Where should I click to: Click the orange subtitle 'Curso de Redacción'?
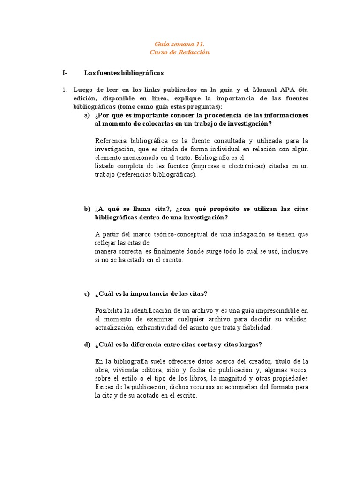pos(180,52)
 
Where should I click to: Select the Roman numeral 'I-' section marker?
pos(65,73)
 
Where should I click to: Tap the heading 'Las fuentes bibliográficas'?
pos(124,73)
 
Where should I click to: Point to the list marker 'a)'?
pos(87,115)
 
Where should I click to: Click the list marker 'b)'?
pos(87,209)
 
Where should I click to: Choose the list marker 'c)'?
pos(87,294)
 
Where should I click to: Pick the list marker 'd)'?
pos(87,345)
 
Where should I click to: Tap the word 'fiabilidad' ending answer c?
pos(257,328)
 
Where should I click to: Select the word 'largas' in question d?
pos(251,345)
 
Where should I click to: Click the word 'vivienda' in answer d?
pos(125,370)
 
